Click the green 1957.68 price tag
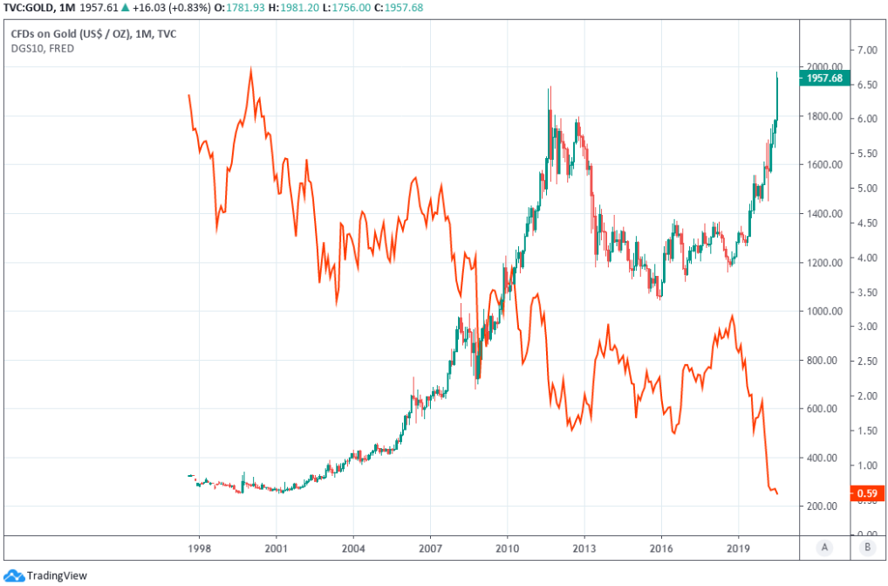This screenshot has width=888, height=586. point(823,79)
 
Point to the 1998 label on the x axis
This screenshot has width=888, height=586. point(199,548)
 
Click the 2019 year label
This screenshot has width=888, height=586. point(738,548)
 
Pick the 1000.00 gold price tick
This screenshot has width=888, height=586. point(823,311)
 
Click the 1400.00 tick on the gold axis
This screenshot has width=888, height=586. point(823,213)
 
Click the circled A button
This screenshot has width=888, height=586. point(823,548)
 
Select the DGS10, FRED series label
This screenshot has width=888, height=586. point(42,49)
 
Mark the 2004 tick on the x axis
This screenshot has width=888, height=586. point(353,548)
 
